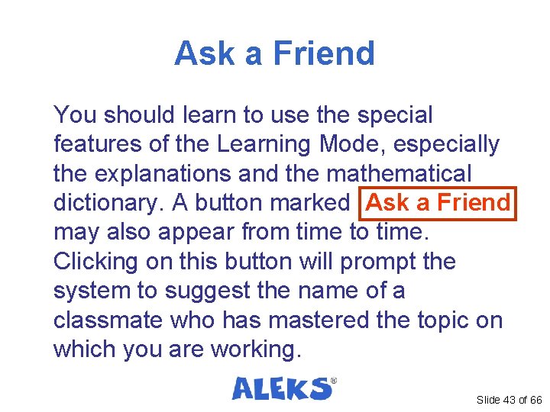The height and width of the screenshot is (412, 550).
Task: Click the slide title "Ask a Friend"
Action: tap(274, 53)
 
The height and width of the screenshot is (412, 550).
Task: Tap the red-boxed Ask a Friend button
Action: tap(438, 203)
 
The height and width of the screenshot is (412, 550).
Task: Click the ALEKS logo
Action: tap(283, 388)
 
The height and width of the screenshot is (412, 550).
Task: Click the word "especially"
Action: tap(452, 144)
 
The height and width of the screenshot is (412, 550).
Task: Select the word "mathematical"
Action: tap(399, 173)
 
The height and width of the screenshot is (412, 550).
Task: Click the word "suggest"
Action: tap(200, 291)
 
